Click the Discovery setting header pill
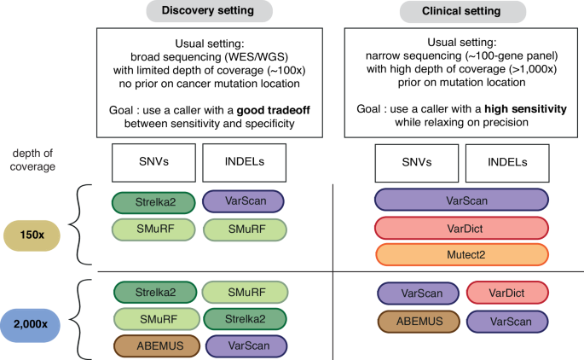(x=210, y=12)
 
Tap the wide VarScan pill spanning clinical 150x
(x=461, y=201)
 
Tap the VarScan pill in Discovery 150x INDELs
(x=243, y=202)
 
